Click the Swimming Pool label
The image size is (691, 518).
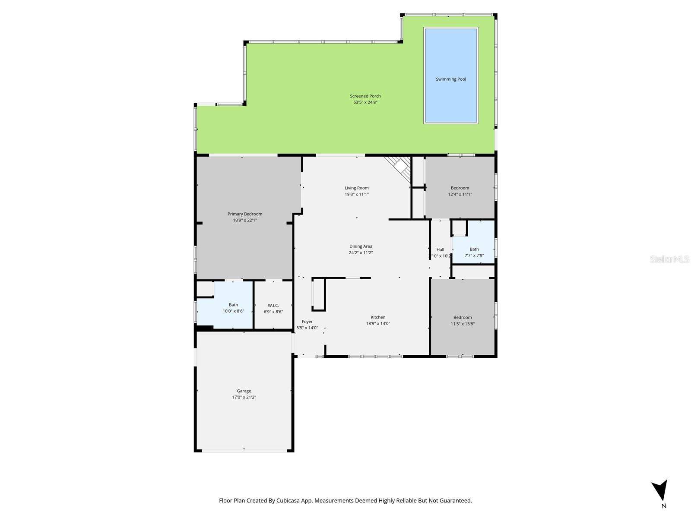451,79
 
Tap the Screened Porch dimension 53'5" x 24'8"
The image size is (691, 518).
365,102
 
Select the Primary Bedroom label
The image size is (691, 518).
245,214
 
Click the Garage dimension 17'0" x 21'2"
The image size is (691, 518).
244,397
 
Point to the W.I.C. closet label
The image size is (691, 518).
273,306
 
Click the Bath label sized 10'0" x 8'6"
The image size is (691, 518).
233,305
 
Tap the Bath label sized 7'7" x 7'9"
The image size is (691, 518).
474,249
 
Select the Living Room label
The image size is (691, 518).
357,188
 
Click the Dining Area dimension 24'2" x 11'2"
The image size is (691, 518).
361,253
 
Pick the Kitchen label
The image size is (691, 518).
378,317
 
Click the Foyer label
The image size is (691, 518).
307,322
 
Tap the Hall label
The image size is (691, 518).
440,250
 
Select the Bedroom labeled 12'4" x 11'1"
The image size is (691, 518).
460,188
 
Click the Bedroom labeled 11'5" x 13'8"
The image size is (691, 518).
463,317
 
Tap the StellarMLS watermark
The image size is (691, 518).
669,259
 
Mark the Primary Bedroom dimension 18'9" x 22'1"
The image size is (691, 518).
245,220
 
